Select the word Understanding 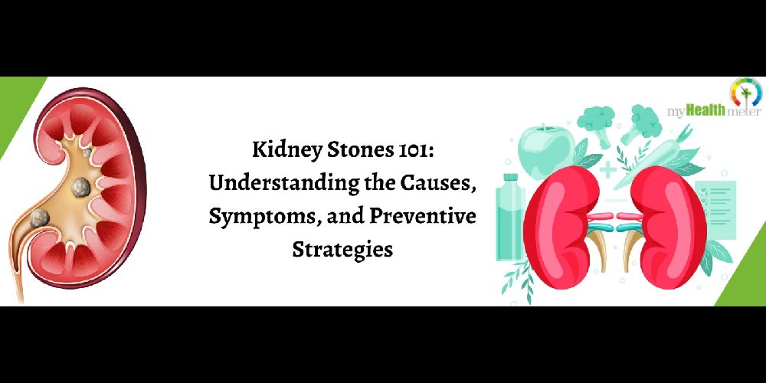(284, 184)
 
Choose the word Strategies (342, 249)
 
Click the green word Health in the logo (705, 111)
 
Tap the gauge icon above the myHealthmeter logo (745, 93)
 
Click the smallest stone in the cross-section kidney (87, 153)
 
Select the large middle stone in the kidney (81, 187)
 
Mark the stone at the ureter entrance (39, 218)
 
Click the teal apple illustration (545, 152)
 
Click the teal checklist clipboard (715, 209)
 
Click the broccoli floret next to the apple (596, 121)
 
